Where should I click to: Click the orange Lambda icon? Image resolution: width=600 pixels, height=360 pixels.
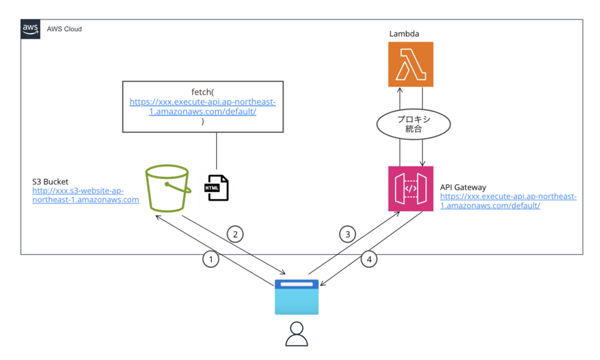tap(411, 64)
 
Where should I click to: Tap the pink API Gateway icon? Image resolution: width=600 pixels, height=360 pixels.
tap(411, 188)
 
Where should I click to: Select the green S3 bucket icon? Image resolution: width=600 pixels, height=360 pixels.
tap(168, 189)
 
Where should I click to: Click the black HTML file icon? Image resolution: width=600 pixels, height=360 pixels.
tap(216, 188)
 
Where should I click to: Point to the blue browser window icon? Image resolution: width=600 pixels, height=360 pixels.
tap(297, 297)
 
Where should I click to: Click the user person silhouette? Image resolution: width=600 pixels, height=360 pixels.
tap(296, 334)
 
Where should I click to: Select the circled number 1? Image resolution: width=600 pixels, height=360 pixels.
tap(211, 259)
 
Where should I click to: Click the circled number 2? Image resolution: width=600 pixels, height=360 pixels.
tap(235, 234)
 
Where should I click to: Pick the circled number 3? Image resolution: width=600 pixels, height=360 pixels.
tap(348, 234)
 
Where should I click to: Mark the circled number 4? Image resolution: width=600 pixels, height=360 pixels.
tap(369, 259)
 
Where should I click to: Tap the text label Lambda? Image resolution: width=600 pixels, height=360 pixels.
tap(404, 34)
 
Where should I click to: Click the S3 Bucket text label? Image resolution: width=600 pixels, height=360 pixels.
tap(50, 181)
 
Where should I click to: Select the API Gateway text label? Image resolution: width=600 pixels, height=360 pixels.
tap(463, 187)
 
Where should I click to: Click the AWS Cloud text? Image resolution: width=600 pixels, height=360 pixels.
tap(64, 29)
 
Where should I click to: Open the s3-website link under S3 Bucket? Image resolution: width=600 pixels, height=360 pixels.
tap(85, 195)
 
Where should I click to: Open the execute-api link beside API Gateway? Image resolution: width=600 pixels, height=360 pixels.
tap(508, 201)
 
